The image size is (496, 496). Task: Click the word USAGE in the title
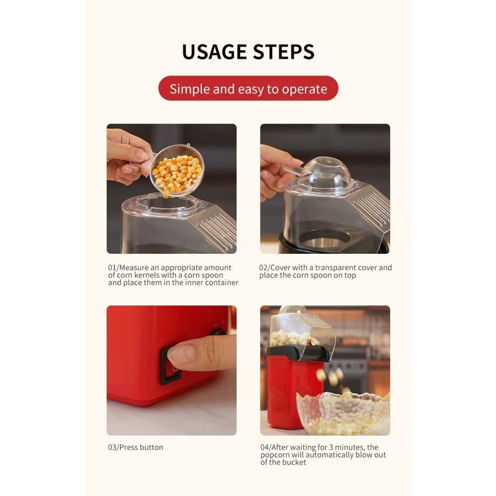[x=214, y=52]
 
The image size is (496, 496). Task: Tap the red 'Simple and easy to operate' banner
[x=248, y=89]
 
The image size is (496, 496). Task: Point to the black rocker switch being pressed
[x=169, y=366]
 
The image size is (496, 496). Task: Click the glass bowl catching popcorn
[x=343, y=414]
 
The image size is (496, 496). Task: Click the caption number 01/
[x=113, y=268]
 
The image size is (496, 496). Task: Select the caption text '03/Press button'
[x=136, y=448]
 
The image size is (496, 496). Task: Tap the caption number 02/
[x=264, y=268]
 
